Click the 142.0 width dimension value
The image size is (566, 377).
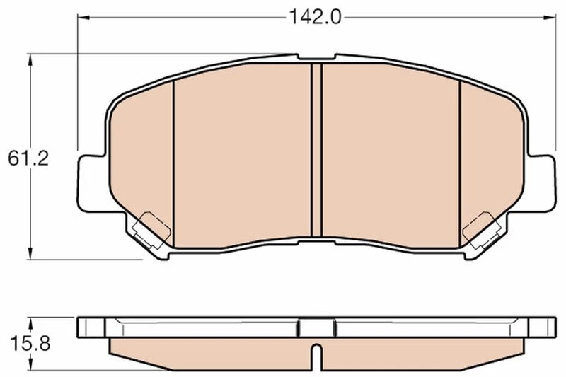click(x=315, y=17)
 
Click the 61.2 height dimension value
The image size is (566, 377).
click(x=28, y=158)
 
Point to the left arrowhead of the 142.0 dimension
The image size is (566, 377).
click(x=83, y=17)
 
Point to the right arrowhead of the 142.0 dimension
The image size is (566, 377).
click(x=550, y=17)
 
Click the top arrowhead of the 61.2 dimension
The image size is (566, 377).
click(x=30, y=59)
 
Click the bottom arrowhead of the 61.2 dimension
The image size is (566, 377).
click(x=30, y=253)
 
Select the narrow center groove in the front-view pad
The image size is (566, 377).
click(x=316, y=151)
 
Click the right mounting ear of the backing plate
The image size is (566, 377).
click(x=540, y=183)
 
